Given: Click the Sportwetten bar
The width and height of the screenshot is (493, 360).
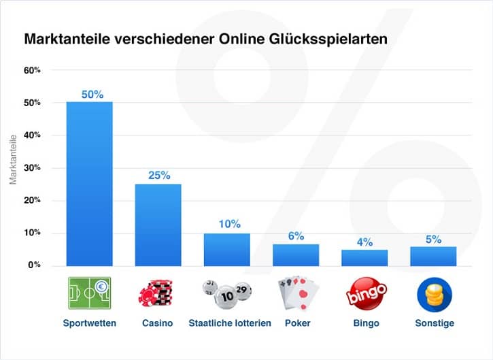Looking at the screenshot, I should (89, 184).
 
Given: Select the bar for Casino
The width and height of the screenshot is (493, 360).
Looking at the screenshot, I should (158, 225).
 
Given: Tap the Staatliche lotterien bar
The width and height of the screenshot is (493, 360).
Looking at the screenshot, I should (227, 249).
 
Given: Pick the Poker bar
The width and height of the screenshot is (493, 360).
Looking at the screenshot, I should (296, 255).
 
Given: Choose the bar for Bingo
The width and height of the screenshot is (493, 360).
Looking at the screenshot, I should (364, 257).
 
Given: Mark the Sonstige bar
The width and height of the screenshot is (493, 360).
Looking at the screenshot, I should (433, 256).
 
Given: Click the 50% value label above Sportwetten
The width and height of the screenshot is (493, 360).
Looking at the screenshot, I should (92, 95).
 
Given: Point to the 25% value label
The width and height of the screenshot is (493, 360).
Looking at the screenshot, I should (159, 176).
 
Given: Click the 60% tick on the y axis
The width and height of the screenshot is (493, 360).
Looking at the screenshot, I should (32, 70).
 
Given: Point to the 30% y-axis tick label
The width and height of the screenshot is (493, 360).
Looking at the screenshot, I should (32, 167).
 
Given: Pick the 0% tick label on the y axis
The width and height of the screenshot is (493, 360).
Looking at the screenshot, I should (34, 265).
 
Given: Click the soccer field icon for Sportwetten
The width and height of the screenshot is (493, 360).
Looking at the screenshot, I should (90, 293).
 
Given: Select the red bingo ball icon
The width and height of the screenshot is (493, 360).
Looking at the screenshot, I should (365, 294).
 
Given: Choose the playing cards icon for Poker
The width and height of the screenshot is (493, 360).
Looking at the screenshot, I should (296, 294).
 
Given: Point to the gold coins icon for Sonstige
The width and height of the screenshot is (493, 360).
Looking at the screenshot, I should (433, 294).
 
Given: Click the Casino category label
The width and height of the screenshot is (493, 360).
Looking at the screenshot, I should (159, 323).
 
